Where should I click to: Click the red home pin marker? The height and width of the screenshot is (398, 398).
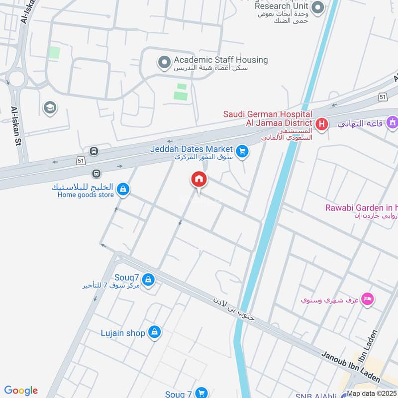tap(199, 179)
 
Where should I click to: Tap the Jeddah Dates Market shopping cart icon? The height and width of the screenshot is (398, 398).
tap(242, 151)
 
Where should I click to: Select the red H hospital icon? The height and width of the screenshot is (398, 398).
tap(321, 123)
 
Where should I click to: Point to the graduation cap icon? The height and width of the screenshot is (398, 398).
tap(49, 107)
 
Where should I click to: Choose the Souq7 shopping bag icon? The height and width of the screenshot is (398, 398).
tap(148, 281)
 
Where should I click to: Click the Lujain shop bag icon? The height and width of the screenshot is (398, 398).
tap(155, 332)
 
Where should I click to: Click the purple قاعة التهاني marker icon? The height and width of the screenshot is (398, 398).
tap(392, 121)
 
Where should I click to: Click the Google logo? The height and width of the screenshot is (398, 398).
tap(21, 391)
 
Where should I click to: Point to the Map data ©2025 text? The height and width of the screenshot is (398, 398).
tap(372, 394)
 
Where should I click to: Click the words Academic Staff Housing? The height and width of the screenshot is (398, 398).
tap(220, 60)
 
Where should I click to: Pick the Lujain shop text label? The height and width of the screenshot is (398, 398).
tap(122, 333)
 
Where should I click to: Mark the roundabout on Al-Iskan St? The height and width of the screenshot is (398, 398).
tap(17, 79)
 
